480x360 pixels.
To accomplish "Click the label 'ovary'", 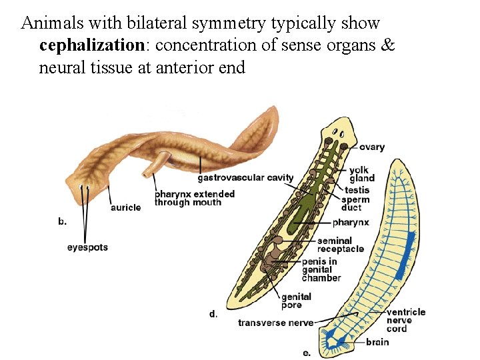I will pyautogui.click(x=372, y=147).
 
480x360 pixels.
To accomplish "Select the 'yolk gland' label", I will pyautogui.click(x=362, y=173).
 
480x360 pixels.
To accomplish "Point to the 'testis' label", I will pyautogui.click(x=357, y=190).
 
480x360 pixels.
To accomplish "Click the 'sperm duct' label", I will pyautogui.click(x=355, y=203).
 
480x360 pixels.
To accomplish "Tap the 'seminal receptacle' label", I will pyautogui.click(x=341, y=245).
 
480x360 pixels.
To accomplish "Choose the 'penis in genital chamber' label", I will pyautogui.click(x=321, y=269).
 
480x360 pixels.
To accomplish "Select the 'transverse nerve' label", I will pyautogui.click(x=275, y=323).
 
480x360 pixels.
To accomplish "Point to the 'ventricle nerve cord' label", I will pyautogui.click(x=405, y=320).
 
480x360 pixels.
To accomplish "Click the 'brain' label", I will pyautogui.click(x=377, y=343).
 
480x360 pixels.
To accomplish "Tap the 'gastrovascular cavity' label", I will pyautogui.click(x=245, y=177).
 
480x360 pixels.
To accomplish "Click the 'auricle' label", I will pyautogui.click(x=125, y=207).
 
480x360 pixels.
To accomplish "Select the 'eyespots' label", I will pyautogui.click(x=87, y=247).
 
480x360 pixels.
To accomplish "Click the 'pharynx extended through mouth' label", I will pyautogui.click(x=195, y=198).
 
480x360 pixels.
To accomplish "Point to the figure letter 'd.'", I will pyautogui.click(x=213, y=313).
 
